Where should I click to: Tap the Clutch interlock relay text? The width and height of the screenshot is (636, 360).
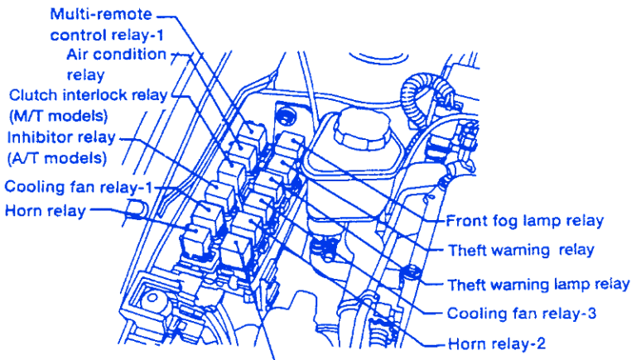pos(87,95)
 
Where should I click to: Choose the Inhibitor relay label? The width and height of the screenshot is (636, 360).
pos(61,137)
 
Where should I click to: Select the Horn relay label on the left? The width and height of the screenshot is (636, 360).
pos(45,210)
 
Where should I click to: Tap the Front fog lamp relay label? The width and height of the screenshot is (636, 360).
pos(524,221)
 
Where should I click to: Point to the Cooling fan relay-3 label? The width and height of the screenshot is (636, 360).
pos(521,314)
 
